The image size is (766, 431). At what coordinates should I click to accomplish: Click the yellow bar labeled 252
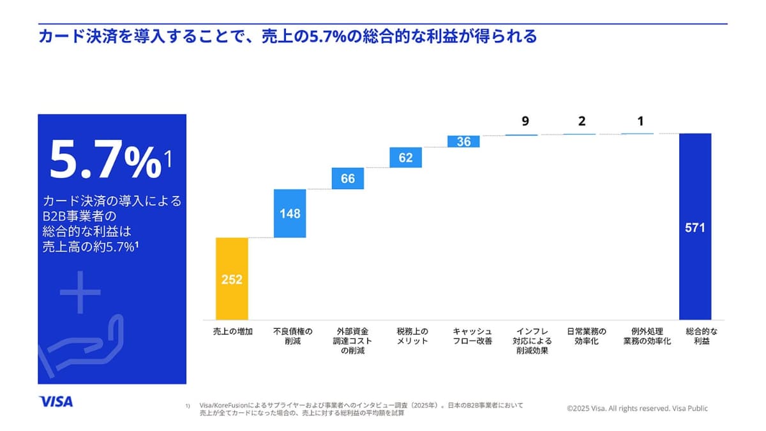click(x=232, y=278)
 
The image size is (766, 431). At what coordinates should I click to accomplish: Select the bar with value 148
click(x=290, y=213)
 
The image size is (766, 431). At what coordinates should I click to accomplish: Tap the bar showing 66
click(x=348, y=179)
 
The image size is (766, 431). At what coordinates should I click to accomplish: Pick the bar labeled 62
click(x=406, y=158)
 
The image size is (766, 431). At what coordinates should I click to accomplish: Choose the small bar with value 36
click(x=464, y=142)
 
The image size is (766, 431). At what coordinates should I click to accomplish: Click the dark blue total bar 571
click(x=695, y=227)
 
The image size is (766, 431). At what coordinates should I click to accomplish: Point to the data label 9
click(x=525, y=121)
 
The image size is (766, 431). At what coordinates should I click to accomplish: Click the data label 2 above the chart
click(x=582, y=121)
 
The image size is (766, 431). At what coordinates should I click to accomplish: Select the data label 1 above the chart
click(x=640, y=121)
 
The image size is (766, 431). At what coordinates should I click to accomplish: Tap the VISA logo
click(x=56, y=402)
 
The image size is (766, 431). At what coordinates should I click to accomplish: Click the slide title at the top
click(x=287, y=36)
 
